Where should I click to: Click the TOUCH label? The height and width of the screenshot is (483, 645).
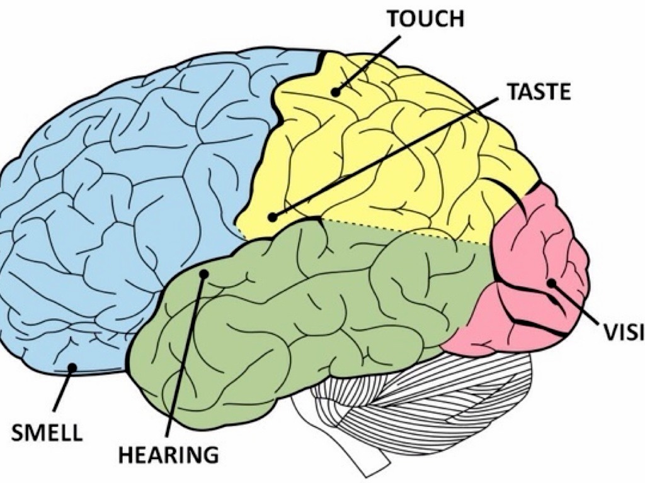(x=425, y=19)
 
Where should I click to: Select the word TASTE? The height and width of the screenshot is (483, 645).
(x=539, y=92)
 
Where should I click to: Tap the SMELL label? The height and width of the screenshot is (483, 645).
(x=47, y=432)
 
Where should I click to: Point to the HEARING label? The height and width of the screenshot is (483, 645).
(x=168, y=453)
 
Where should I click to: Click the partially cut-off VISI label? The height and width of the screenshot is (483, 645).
(x=624, y=333)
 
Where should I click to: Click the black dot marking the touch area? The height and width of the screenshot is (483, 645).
(x=336, y=92)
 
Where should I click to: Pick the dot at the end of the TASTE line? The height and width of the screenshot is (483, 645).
(x=272, y=217)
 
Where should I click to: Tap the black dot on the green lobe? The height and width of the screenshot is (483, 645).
(x=204, y=274)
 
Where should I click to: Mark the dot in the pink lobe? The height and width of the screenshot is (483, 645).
(x=551, y=283)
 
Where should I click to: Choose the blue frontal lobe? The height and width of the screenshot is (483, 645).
(x=126, y=189)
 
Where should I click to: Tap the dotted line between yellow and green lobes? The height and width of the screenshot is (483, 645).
(x=409, y=231)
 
